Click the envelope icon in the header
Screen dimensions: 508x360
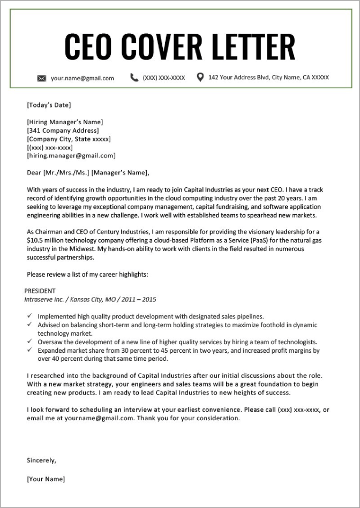[x=42, y=78]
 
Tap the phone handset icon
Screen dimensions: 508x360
[x=134, y=78]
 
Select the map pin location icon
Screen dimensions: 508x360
[x=200, y=78]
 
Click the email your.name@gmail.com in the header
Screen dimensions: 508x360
[x=82, y=78]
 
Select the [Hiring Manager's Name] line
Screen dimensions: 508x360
[x=65, y=122]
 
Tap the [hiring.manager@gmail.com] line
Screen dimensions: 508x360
[x=71, y=156]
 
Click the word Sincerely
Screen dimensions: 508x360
[x=41, y=460]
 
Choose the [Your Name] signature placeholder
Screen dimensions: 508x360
[x=46, y=479]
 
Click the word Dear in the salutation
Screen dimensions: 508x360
[x=34, y=172]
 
